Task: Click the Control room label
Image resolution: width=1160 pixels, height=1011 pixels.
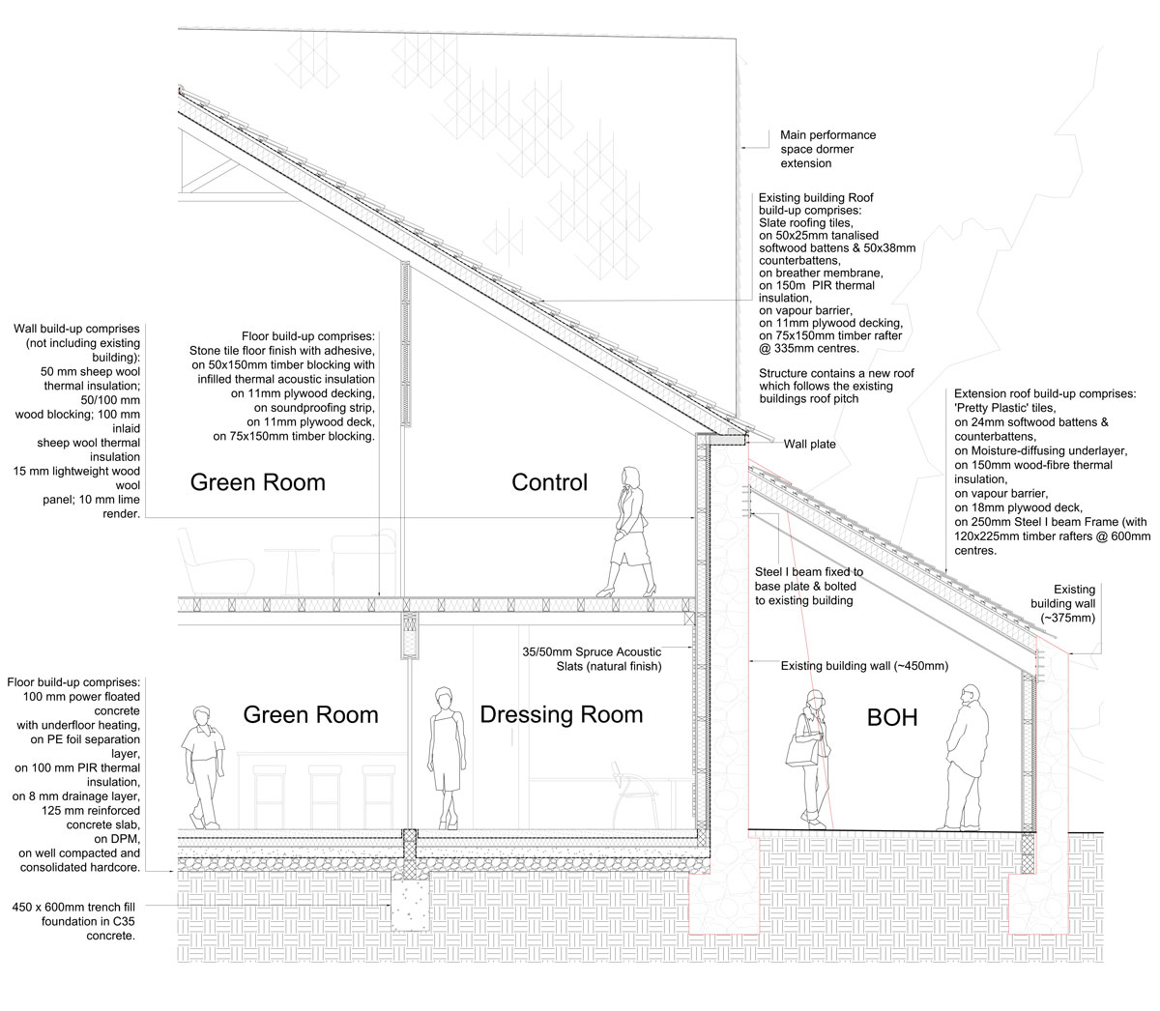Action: pyautogui.click(x=549, y=482)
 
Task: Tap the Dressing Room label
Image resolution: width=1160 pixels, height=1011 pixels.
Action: pyautogui.click(x=562, y=714)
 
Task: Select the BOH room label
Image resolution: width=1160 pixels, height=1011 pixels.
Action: pyautogui.click(x=892, y=717)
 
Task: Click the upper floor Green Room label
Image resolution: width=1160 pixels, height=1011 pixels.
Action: pyautogui.click(x=258, y=482)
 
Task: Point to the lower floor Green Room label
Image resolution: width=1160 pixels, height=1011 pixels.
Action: pyautogui.click(x=310, y=714)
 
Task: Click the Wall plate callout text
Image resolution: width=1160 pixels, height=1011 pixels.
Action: pyautogui.click(x=809, y=445)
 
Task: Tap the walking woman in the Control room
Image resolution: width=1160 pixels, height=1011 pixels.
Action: pyautogui.click(x=627, y=532)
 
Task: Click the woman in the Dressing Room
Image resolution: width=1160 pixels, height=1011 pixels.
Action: pyautogui.click(x=447, y=758)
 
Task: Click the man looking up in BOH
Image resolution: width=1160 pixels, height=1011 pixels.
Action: pyautogui.click(x=963, y=757)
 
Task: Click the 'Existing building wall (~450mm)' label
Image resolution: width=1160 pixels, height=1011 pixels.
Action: pyautogui.click(x=864, y=666)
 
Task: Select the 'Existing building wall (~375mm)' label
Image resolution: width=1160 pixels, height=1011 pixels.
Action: pyautogui.click(x=1062, y=603)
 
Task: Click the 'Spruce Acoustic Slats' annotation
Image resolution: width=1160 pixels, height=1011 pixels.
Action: pyautogui.click(x=592, y=659)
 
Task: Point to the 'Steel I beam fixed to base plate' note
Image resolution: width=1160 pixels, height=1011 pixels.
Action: pyautogui.click(x=808, y=586)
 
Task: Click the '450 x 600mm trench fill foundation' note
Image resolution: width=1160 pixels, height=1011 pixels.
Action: pyautogui.click(x=73, y=921)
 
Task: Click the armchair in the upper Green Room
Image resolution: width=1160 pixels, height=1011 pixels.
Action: pyautogui.click(x=216, y=563)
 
